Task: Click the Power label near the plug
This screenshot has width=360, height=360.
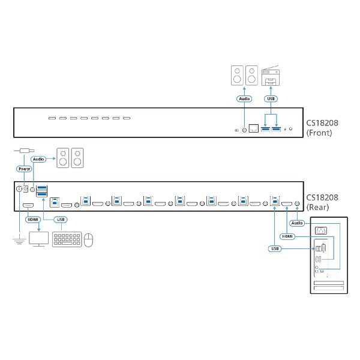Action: tap(25, 169)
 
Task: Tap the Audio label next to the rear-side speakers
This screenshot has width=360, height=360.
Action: tap(39, 159)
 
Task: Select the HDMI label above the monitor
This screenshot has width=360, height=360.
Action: tap(32, 220)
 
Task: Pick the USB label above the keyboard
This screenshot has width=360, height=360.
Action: tap(60, 220)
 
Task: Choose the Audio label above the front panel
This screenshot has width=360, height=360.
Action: tap(244, 98)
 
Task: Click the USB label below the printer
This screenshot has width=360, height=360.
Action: tap(271, 98)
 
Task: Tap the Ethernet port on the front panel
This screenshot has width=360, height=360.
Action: tap(254, 129)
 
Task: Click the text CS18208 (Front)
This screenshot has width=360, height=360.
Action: tap(322, 128)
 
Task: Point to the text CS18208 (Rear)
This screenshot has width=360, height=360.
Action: tap(322, 202)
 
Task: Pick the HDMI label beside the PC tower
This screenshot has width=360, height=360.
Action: tap(289, 236)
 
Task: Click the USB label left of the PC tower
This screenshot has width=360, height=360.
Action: tap(274, 248)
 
